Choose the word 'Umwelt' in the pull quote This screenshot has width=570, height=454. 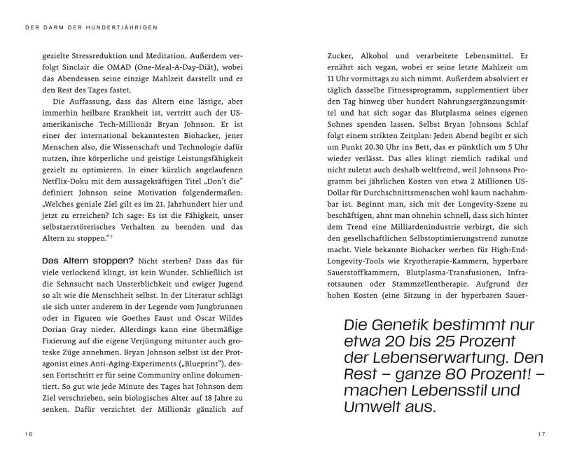pyautogui.click(x=371, y=406)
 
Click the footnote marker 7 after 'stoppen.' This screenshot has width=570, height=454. pyautogui.click(x=112, y=237)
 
